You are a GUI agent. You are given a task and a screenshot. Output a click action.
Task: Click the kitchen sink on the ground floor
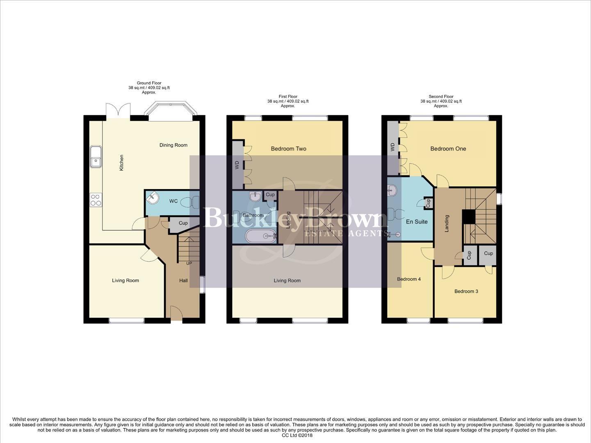(x=96, y=157)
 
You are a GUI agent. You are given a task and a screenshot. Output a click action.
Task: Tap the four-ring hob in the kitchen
(x=96, y=200)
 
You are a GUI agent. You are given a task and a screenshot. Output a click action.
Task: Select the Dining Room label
(x=173, y=145)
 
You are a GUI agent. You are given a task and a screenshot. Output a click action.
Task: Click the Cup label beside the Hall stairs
(x=183, y=223)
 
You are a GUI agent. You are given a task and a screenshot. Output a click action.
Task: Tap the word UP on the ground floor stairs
(x=189, y=263)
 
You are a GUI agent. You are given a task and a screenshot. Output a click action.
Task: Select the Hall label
(x=183, y=281)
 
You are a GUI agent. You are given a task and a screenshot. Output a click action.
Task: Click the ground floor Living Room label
(x=126, y=281)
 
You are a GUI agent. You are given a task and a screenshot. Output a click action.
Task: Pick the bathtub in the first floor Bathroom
(x=261, y=236)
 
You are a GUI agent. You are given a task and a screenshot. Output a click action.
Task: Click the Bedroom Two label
(x=288, y=149)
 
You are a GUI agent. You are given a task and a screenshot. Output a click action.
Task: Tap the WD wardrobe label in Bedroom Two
(x=237, y=165)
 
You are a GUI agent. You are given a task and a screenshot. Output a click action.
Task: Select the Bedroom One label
(x=448, y=149)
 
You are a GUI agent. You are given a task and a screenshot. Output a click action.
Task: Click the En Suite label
(x=417, y=221)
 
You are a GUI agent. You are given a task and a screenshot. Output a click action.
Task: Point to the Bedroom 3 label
(x=466, y=292)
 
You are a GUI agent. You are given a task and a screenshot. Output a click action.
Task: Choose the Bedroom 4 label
(x=408, y=279)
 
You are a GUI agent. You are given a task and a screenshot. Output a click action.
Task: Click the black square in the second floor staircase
(x=468, y=217)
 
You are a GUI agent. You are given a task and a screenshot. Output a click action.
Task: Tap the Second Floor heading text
(x=441, y=97)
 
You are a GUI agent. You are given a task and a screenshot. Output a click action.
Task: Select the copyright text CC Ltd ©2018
(x=297, y=436)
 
